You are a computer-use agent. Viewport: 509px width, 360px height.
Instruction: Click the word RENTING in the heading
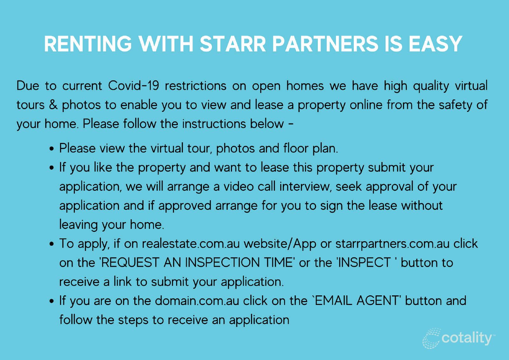pyautogui.click(x=87, y=44)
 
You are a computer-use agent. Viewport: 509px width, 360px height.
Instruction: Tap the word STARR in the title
pyautogui.click(x=233, y=44)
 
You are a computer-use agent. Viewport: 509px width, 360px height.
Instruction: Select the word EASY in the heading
pyautogui.click(x=435, y=44)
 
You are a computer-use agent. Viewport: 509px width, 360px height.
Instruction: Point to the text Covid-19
pyautogui.click(x=133, y=86)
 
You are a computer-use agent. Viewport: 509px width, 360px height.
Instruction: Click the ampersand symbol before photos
pyautogui.click(x=53, y=105)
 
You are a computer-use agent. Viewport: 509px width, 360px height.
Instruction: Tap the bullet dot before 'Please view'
pyautogui.click(x=52, y=149)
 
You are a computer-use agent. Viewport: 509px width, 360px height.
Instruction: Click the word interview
pyautogui.click(x=306, y=187)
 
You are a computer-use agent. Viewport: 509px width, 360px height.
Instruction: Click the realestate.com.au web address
pyautogui.click(x=191, y=244)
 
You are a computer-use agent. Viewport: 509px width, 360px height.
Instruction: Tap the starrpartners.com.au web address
pyautogui.click(x=393, y=244)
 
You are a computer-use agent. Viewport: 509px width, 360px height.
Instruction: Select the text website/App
pyautogui.click(x=280, y=244)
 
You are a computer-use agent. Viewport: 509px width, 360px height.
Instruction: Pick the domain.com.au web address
pyautogui.click(x=197, y=301)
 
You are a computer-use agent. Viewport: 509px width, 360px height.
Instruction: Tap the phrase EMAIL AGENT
pyautogui.click(x=356, y=301)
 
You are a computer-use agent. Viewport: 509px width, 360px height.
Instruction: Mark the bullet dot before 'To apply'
pyautogui.click(x=52, y=244)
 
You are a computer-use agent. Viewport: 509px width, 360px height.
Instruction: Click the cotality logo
pyautogui.click(x=458, y=338)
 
